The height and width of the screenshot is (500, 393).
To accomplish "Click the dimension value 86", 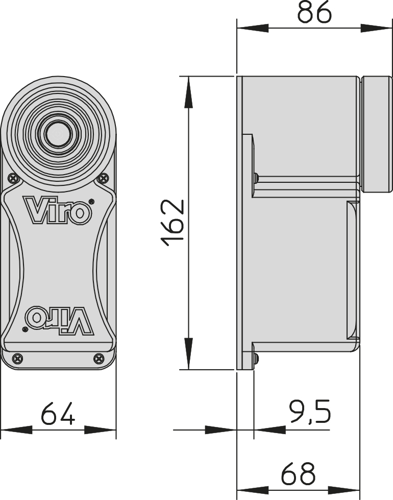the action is coord(314,12).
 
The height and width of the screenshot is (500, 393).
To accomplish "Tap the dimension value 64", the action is coord(58,413).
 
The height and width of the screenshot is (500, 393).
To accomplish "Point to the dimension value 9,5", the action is coord(310,411).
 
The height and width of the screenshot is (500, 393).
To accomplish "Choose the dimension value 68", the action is coord(298,473).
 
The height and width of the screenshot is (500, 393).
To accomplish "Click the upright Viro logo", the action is coord(57,209).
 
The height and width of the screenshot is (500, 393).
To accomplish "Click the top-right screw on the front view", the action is coord(104,178).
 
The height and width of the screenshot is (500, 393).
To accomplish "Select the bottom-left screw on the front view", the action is coord(18,359).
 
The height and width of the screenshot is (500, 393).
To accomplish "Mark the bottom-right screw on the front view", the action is coord(99,359).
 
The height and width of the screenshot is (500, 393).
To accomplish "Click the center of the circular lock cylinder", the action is coord(58,134).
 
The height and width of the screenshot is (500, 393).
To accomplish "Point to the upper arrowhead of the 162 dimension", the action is coord(189,92).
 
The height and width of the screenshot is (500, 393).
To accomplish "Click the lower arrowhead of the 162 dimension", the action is coord(189,353).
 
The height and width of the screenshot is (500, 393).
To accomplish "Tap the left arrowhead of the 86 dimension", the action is coord(252,29).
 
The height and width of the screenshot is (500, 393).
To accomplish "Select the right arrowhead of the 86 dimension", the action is coord(376,29).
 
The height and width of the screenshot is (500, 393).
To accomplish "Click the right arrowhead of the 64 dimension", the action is coord(100,430).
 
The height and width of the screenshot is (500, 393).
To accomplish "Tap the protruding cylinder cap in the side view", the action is coord(377,134).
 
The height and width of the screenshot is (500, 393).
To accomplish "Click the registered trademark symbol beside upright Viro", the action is coord(91,201).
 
